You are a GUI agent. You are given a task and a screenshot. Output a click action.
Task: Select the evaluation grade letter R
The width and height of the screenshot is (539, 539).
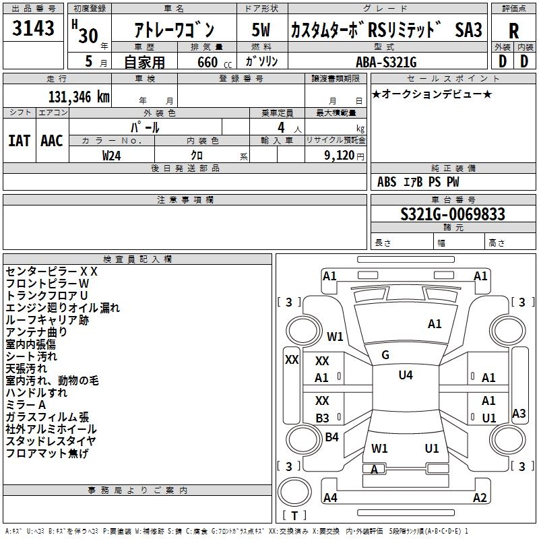[513, 31]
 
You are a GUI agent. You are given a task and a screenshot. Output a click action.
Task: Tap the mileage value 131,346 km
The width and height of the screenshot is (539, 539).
[79, 96]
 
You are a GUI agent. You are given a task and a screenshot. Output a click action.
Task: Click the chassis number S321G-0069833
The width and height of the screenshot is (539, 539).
[452, 214]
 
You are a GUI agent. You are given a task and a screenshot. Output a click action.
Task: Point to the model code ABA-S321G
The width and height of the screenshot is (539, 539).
[386, 62]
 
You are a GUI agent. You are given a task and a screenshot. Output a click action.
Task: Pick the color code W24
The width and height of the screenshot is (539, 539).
[112, 155]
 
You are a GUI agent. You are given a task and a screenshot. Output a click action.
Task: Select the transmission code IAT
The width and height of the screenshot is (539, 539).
[19, 140]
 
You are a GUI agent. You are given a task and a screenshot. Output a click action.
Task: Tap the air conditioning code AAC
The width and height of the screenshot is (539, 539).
[52, 140]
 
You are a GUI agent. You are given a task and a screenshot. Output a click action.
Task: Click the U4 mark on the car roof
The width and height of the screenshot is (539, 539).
[405, 375]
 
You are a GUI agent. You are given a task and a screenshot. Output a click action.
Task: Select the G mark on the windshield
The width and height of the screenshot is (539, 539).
[385, 355]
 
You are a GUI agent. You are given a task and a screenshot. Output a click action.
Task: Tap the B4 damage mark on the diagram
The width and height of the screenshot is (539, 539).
[331, 437]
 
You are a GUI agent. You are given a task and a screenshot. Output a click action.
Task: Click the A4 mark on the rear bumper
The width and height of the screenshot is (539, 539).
[330, 498]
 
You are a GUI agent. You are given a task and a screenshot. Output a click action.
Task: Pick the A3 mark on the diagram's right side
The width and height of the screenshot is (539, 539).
[519, 414]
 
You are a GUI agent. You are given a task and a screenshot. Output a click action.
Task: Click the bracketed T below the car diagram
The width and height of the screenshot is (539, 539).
[294, 516]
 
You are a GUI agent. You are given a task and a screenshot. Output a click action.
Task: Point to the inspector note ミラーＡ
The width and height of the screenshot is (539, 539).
[26, 405]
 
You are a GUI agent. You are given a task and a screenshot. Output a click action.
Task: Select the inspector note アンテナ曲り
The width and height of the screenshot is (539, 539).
[36, 332]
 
